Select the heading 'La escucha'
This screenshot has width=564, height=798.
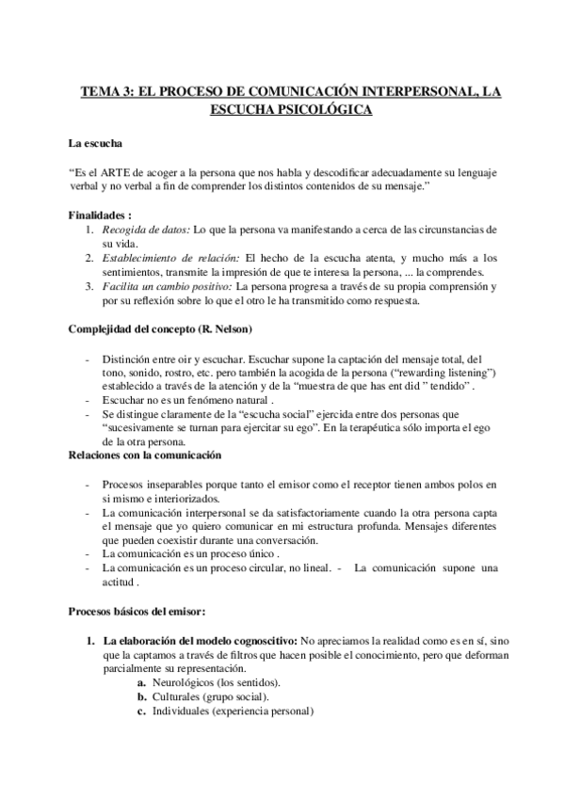[94, 144]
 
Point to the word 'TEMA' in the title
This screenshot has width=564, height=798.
[99, 91]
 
